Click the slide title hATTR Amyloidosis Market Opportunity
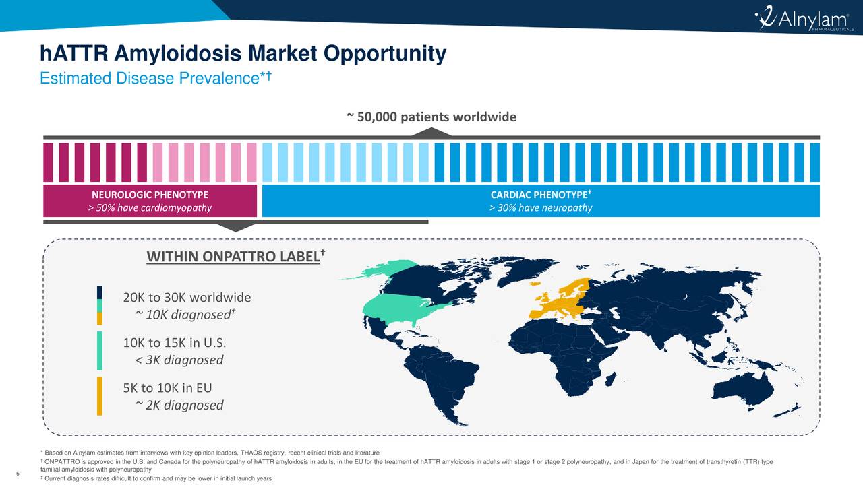pyautogui.click(x=243, y=54)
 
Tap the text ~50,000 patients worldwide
pyautogui.click(x=431, y=117)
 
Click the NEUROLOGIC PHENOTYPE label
pyautogui.click(x=150, y=195)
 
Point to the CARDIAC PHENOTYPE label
pyautogui.click(x=540, y=195)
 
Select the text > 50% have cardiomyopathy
pyautogui.click(x=150, y=207)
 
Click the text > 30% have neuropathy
pyautogui.click(x=540, y=207)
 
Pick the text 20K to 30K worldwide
pyautogui.click(x=187, y=298)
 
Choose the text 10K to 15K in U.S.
pyautogui.click(x=179, y=342)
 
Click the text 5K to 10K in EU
pyautogui.click(x=167, y=388)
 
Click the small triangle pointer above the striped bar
pyautogui.click(x=420, y=132)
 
